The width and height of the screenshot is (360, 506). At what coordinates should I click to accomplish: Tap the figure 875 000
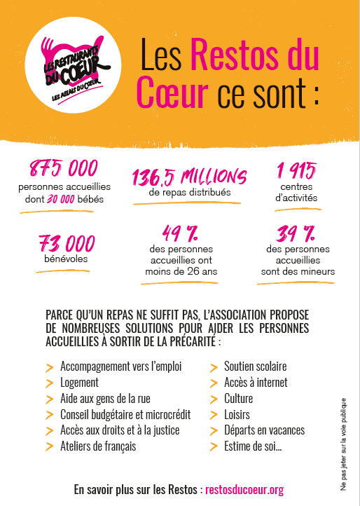(63, 169)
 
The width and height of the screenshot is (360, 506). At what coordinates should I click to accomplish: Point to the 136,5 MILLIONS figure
(189, 176)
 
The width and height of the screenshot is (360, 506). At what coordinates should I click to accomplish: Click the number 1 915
(296, 170)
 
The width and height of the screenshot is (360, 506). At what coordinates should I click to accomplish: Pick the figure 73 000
(67, 243)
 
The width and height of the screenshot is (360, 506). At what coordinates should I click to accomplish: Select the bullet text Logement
(79, 383)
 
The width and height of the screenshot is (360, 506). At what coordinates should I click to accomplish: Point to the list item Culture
(239, 399)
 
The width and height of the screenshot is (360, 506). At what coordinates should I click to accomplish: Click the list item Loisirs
(237, 414)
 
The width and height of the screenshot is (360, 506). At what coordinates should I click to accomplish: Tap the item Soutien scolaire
(255, 367)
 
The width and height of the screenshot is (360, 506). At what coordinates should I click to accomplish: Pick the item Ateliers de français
(98, 446)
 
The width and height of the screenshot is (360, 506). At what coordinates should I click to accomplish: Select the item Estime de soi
(253, 446)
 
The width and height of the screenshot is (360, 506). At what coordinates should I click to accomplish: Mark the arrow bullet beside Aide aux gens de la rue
(49, 399)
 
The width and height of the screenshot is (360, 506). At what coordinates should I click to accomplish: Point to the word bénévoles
(67, 259)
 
